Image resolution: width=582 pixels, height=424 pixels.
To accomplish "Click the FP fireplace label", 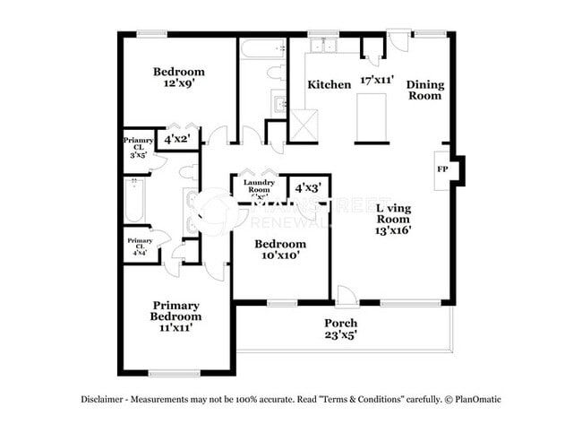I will [x=441, y=169].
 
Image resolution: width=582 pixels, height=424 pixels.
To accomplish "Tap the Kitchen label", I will [x=330, y=85].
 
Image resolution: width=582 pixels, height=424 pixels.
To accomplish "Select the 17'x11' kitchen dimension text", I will [x=376, y=79].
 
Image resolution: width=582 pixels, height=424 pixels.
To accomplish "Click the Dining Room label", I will [x=425, y=90].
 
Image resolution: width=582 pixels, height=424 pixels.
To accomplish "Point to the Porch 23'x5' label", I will [x=341, y=329].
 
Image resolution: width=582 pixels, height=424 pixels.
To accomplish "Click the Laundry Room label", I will [x=258, y=188].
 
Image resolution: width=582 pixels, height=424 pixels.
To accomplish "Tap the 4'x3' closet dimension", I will [x=307, y=188].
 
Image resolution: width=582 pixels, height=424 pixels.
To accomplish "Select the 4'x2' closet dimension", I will [x=178, y=139].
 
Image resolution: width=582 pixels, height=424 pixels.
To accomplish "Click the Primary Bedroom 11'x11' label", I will [x=175, y=316].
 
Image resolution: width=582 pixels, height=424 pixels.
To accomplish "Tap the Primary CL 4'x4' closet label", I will [x=139, y=247].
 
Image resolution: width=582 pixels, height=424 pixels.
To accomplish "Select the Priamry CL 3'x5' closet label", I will [x=139, y=146].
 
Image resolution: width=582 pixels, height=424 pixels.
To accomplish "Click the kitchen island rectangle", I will [x=371, y=117].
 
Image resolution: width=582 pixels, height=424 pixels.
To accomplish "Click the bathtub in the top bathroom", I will [x=262, y=47].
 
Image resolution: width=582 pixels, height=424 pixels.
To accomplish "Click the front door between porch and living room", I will [x=346, y=296].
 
